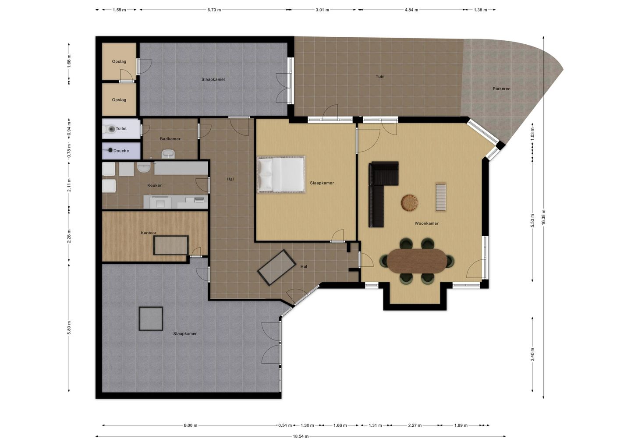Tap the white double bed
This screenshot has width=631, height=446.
pos(281,174)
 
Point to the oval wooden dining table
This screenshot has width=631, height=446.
pos(417,261)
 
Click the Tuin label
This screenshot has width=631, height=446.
pos(380,77)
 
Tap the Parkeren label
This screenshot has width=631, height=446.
pos(501,88)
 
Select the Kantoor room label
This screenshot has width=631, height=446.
pos(149,233)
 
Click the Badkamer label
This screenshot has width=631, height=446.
pos(170,139)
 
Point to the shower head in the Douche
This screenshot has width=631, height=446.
pos(110,150)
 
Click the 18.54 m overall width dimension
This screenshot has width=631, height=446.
pos(301,436)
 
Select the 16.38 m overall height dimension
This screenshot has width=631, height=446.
pos(543,217)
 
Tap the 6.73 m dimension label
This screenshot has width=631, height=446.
pos(214,10)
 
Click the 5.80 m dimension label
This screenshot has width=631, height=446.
pos(69,328)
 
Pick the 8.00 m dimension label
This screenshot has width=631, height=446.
pos(191,425)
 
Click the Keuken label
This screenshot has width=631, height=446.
pos(155,185)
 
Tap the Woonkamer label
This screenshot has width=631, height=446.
pos(426,223)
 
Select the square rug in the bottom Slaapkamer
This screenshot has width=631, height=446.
pos(151,319)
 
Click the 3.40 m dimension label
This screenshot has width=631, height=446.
pos(532,354)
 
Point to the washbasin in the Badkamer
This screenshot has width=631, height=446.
pos(168,154)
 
